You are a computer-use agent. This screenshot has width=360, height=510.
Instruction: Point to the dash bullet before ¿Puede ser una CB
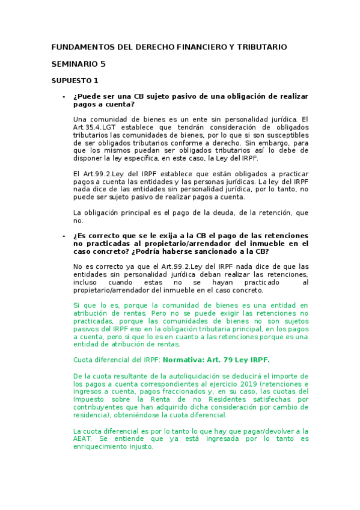63,96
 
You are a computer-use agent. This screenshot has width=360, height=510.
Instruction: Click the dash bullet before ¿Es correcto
63,235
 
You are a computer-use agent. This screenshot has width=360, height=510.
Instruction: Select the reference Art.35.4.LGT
96,127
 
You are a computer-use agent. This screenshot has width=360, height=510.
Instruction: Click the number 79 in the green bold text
231,360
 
